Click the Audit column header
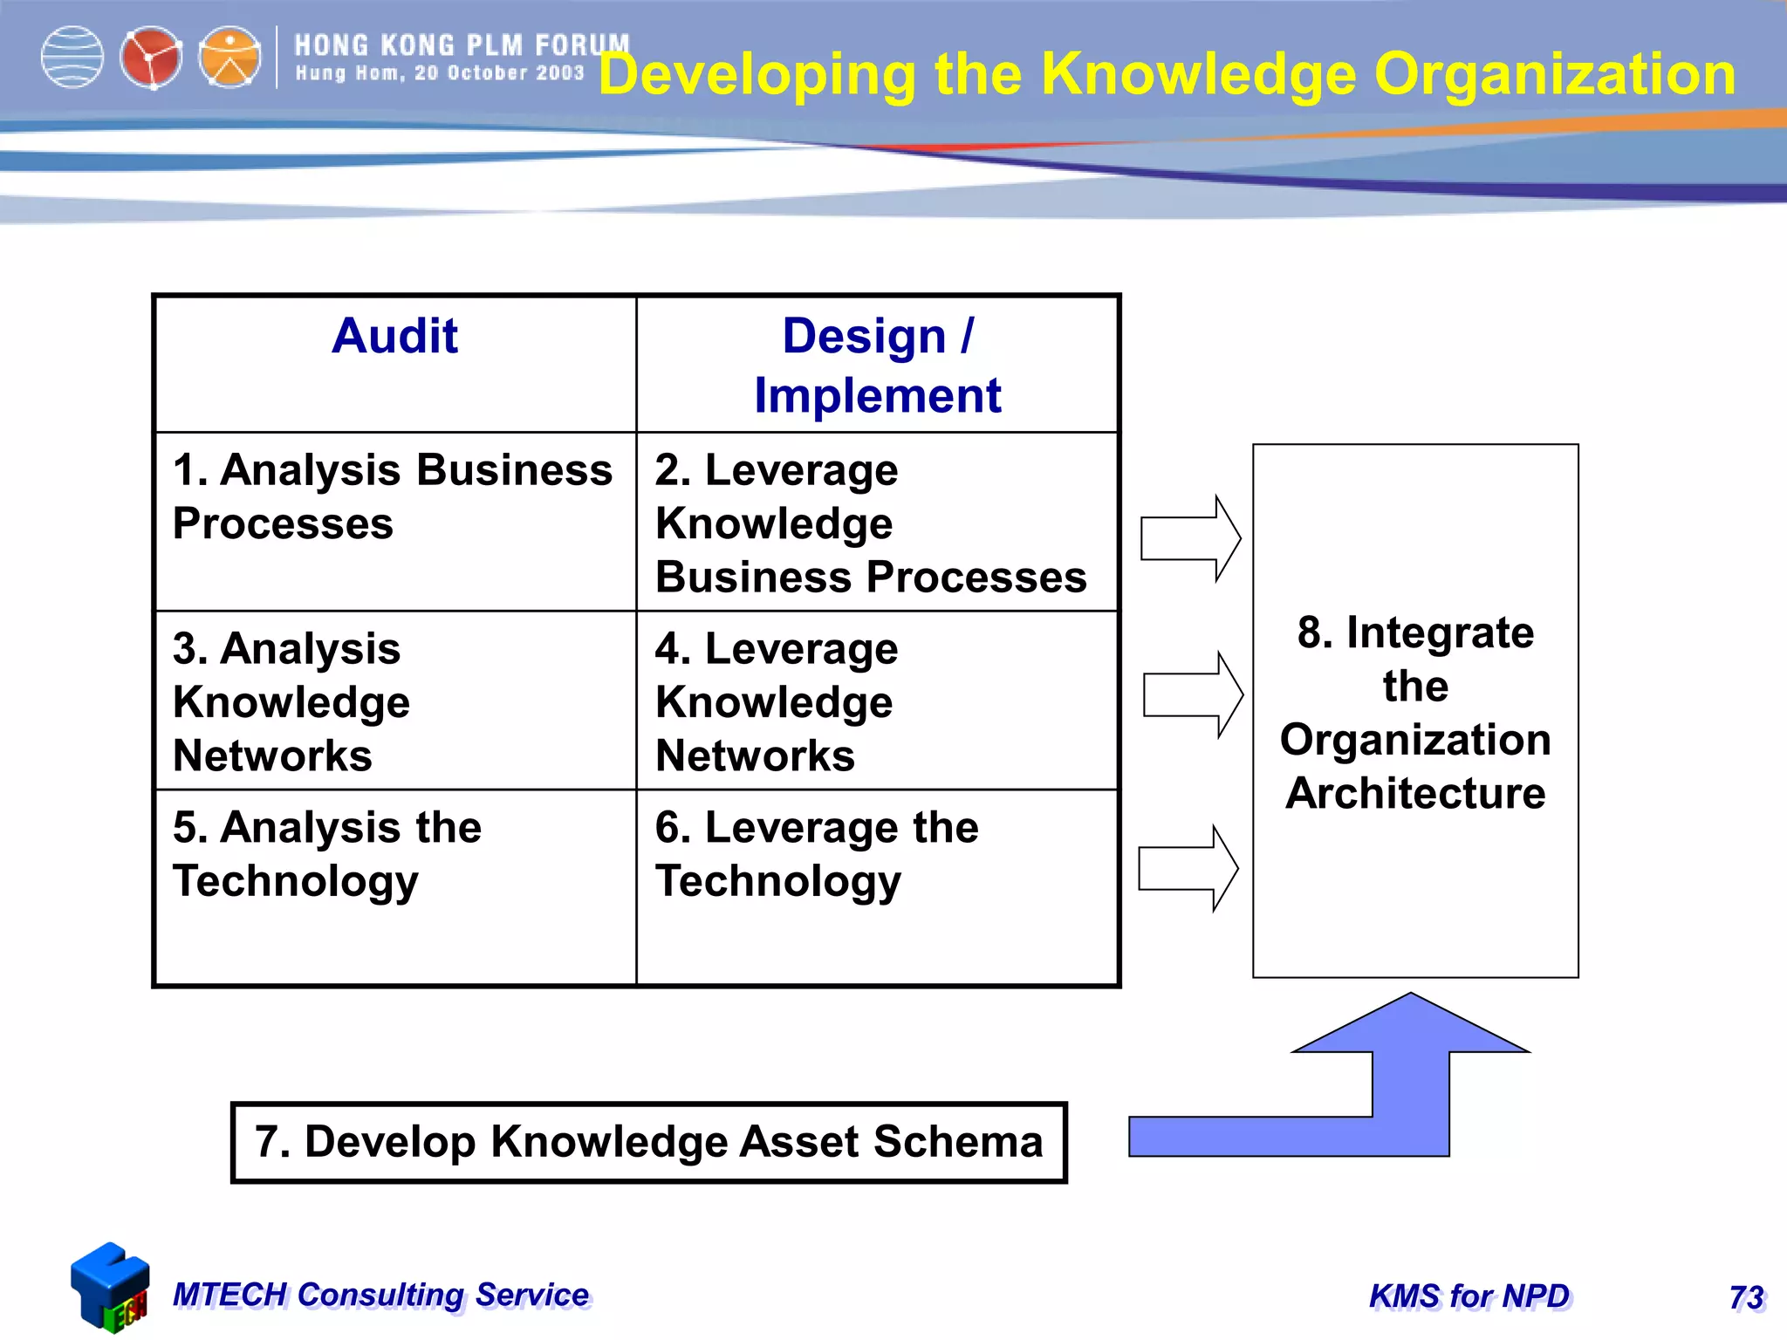point(394,337)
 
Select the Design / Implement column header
point(878,365)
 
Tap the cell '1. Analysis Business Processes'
point(393,496)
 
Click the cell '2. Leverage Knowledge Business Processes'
point(871,523)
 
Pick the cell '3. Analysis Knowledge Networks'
point(291,702)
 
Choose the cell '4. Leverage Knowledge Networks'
point(777,702)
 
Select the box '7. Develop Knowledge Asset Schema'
point(648,1142)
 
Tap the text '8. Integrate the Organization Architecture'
point(1415,712)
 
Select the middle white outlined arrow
point(1192,695)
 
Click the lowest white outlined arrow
point(1188,869)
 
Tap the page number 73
point(1746,1297)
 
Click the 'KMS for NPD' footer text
point(1469,1296)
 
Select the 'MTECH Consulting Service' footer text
point(381,1295)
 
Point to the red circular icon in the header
point(151,58)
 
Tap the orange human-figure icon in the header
point(229,58)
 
